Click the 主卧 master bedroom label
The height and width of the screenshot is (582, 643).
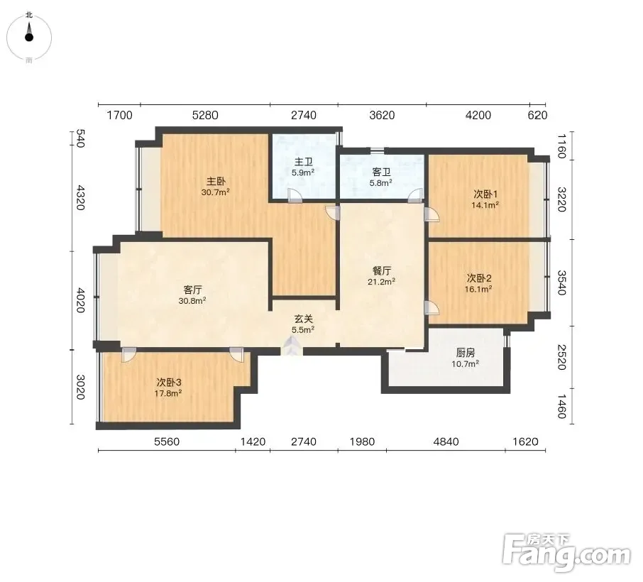[x=216, y=181]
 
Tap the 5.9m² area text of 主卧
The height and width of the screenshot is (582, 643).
[x=303, y=172]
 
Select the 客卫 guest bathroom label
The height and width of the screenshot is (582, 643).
[x=381, y=172]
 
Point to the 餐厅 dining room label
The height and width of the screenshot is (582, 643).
[x=381, y=270]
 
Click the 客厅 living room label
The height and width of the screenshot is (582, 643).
[x=193, y=290]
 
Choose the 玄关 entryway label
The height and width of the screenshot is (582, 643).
[x=304, y=319]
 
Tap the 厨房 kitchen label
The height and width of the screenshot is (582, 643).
[x=466, y=353]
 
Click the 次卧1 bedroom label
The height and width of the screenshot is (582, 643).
[x=485, y=194]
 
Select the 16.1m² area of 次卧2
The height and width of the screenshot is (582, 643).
[x=478, y=289]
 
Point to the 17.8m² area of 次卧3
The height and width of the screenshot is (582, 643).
[x=168, y=393]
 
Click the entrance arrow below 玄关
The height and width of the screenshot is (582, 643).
[x=292, y=346]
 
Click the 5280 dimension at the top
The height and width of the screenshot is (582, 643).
[x=205, y=115]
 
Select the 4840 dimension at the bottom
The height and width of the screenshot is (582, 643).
[x=446, y=441]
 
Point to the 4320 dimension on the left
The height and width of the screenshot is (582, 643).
[x=80, y=197]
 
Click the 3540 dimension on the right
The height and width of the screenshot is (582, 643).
[x=562, y=282]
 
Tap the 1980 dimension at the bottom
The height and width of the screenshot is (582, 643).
[x=362, y=441]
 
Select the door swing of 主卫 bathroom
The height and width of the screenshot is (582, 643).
[x=295, y=195]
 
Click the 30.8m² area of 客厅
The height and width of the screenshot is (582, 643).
[x=192, y=301]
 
